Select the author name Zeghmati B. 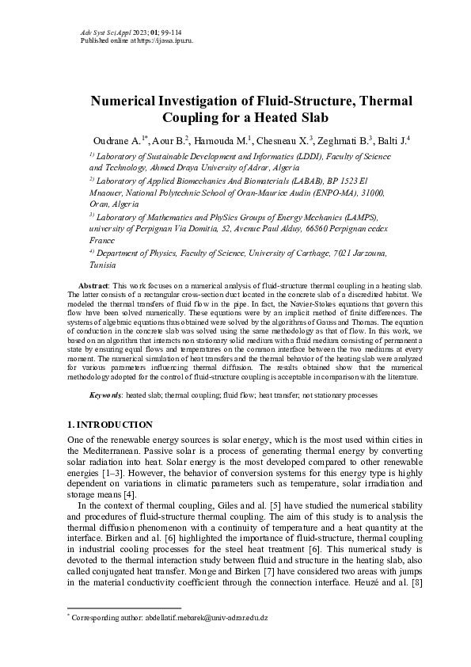[x=341, y=141]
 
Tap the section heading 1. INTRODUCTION [x=110, y=425]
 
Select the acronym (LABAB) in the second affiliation [x=299, y=181]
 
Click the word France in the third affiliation [x=102, y=238]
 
